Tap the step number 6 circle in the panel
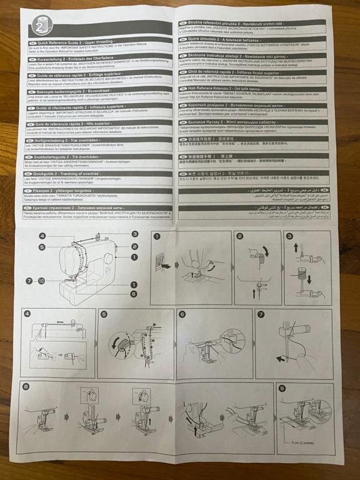182,314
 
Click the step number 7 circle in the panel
261,314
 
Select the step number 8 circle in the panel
26,387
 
